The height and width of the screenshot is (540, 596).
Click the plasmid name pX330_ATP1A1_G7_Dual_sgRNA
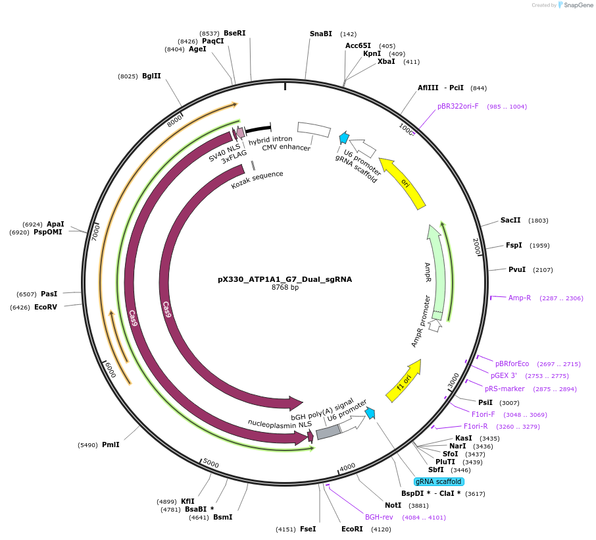(x=284, y=279)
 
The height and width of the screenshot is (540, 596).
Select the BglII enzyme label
(x=151, y=76)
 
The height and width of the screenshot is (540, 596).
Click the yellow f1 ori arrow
(x=404, y=382)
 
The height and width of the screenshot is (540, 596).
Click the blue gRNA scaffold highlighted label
(x=439, y=481)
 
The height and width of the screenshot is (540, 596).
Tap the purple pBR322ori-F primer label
(x=458, y=106)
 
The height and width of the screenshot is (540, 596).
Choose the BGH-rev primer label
(x=379, y=517)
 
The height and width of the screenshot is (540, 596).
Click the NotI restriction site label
(x=393, y=505)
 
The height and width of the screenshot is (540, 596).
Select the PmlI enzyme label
(x=111, y=445)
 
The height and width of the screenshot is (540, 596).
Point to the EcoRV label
(x=45, y=307)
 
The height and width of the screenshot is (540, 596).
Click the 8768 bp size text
(x=285, y=288)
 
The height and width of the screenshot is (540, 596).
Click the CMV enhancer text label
(x=286, y=148)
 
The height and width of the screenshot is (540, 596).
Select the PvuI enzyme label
(x=517, y=269)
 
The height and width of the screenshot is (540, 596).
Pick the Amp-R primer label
(x=520, y=298)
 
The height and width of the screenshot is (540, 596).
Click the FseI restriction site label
(x=308, y=529)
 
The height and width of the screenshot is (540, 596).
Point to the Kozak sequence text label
(x=257, y=180)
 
